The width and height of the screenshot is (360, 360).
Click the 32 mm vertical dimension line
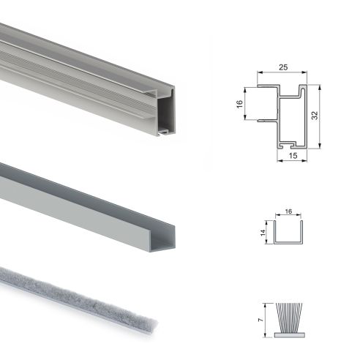pos(321,117)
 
